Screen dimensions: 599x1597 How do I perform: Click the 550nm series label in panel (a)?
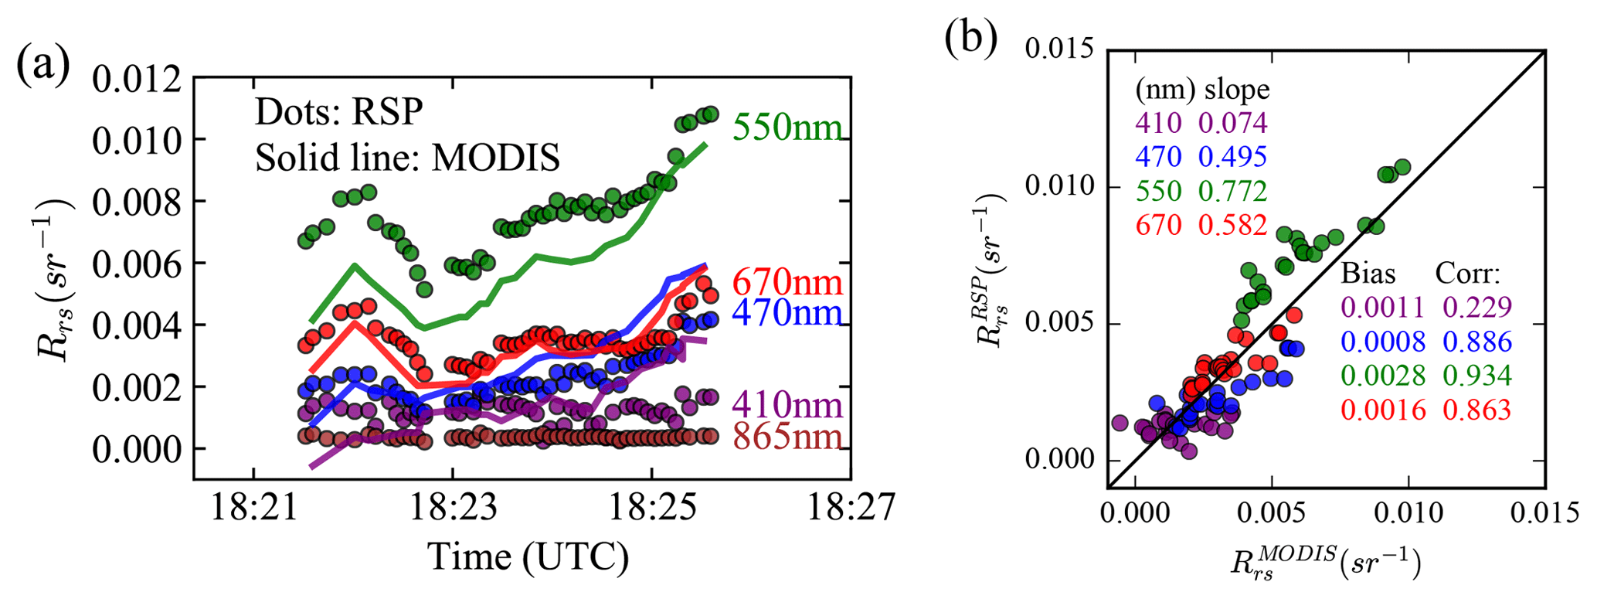787,127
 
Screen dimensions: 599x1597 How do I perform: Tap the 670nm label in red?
787,281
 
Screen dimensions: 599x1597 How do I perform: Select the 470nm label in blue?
787,313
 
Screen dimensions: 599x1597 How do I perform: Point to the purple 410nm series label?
787,404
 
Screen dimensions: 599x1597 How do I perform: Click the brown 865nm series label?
787,437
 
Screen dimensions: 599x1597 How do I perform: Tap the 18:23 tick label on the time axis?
453,509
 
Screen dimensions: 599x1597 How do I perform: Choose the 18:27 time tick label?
851,509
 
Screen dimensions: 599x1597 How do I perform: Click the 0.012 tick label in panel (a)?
137,79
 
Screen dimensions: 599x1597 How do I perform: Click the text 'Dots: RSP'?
339,113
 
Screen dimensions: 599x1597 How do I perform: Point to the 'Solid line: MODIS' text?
407,158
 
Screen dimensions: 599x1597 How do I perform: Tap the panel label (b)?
971,39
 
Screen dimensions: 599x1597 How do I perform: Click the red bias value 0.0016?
1383,410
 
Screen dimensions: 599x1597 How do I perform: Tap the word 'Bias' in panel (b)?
1368,274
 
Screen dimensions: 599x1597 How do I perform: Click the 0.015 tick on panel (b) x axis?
1544,513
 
